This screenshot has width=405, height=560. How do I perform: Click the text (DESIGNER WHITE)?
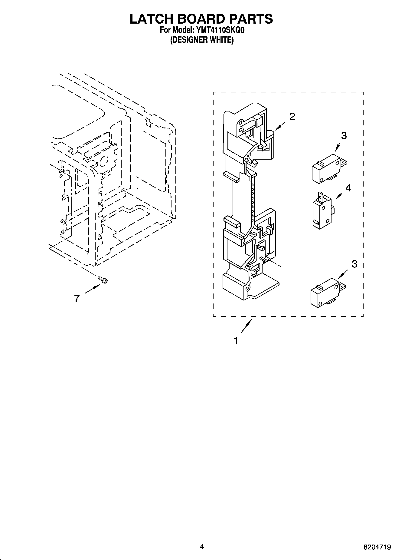(201, 40)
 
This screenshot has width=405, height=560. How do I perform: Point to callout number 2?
(292, 116)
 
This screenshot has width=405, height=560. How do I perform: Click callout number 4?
(348, 188)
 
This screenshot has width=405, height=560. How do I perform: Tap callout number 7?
(77, 299)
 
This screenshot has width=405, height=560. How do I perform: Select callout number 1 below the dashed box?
(236, 341)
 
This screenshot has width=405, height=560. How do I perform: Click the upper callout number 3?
(344, 136)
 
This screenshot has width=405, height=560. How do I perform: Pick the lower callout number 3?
(354, 264)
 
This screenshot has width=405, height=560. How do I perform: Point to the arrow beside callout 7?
(92, 290)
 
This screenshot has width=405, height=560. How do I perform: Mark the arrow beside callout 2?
(280, 125)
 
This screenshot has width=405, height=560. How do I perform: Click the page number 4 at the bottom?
(202, 547)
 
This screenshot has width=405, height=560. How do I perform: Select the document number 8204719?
(377, 547)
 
